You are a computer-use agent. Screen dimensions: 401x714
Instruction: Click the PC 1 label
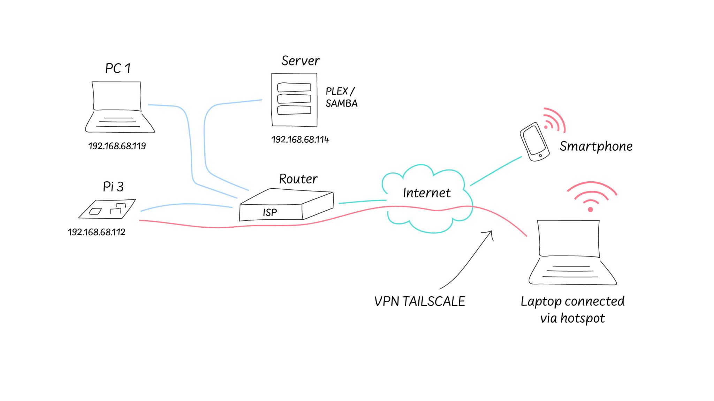tap(118, 68)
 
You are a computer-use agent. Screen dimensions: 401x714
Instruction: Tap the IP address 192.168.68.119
tap(117, 146)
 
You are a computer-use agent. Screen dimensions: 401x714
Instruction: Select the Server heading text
tap(300, 61)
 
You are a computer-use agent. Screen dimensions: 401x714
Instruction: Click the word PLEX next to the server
tap(337, 91)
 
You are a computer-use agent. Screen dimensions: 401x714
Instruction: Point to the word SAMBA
tap(341, 103)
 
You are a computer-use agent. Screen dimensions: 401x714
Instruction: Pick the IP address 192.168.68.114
tap(300, 140)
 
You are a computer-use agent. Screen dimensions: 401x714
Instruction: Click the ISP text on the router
tap(269, 212)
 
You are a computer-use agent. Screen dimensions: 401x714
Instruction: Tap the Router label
tap(298, 179)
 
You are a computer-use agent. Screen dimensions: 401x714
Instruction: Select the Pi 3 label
tap(113, 187)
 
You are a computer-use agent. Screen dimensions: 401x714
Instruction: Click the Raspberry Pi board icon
tap(107, 209)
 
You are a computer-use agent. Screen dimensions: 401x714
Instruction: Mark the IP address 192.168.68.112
tap(97, 232)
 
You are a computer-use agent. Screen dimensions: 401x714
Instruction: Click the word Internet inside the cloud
tap(427, 193)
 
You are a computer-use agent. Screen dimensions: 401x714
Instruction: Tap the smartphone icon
tap(534, 142)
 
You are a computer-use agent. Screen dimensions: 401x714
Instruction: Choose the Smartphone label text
tap(596, 146)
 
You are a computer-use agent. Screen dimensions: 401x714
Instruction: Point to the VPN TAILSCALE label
tap(419, 301)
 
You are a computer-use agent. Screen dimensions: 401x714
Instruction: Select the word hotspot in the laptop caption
tap(583, 318)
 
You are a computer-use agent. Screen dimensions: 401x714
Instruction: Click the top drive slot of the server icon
tap(294, 87)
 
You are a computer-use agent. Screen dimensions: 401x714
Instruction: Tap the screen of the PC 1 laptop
tap(117, 96)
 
